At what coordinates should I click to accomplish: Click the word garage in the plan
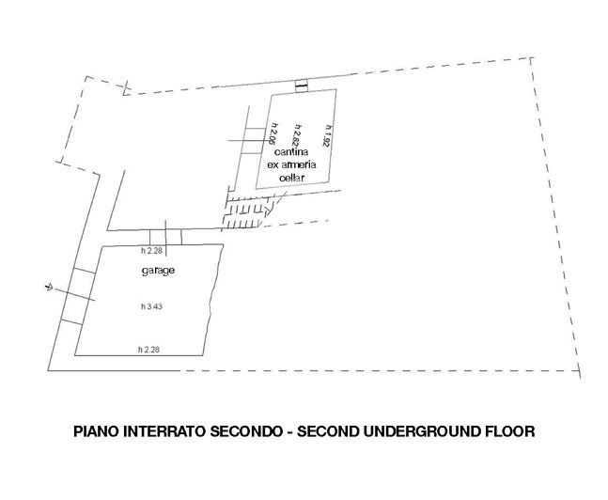[158, 270]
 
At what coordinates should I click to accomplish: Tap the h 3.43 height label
[149, 307]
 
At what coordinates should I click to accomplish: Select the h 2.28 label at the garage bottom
[149, 350]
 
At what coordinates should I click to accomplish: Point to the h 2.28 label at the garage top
[152, 251]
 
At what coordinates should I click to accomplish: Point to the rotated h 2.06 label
[273, 137]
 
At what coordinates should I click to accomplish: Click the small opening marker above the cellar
[301, 86]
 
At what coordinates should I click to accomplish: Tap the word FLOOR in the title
[510, 433]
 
